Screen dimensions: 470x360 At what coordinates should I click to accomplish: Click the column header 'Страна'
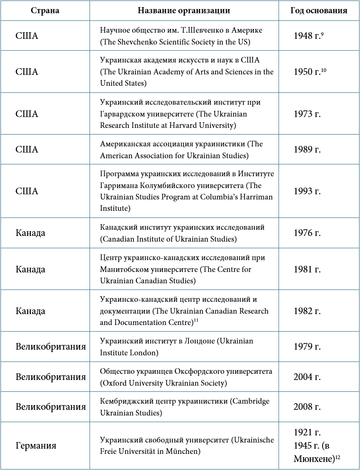[45, 10]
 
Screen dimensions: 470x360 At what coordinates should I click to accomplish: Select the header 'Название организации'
[184, 10]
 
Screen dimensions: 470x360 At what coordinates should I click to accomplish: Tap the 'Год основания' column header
[319, 10]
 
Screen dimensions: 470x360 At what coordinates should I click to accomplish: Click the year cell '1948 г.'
[307, 36]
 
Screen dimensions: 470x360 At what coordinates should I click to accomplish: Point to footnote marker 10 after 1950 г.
[324, 70]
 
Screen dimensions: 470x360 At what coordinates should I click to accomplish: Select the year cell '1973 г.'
[307, 114]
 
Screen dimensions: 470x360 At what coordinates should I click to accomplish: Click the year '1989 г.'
[307, 150]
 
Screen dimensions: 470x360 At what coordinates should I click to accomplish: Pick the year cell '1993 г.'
[307, 191]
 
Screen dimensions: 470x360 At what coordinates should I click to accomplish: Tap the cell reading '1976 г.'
[307, 233]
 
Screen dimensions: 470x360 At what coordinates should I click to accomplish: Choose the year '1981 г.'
[307, 269]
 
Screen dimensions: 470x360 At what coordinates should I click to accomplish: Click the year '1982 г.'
[307, 311]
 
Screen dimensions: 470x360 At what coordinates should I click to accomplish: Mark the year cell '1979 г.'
[307, 347]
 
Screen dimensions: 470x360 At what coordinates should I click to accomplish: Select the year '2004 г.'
[307, 377]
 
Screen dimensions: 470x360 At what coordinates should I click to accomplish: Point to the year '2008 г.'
[307, 407]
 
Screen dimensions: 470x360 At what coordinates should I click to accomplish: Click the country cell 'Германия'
[36, 446]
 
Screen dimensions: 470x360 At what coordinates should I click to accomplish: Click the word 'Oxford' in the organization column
[115, 383]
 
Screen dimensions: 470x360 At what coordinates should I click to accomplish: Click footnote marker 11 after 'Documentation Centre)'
[196, 321]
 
